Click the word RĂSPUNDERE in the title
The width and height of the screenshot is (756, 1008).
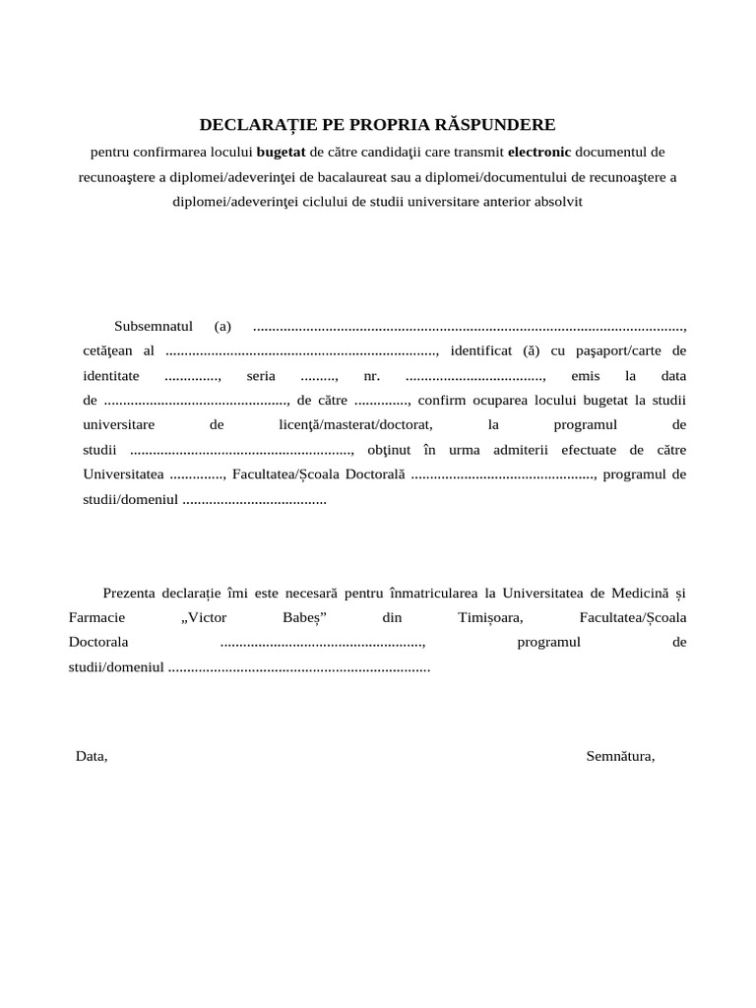[498, 125]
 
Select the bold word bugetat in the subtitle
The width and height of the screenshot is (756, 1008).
[282, 153]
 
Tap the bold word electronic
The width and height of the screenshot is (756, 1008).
[538, 153]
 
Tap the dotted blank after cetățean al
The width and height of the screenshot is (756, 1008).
[301, 351]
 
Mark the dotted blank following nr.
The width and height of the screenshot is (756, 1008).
[475, 377]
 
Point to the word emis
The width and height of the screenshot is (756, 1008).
[585, 377]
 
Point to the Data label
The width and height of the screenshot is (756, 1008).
[92, 757]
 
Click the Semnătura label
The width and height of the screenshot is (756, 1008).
[620, 757]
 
